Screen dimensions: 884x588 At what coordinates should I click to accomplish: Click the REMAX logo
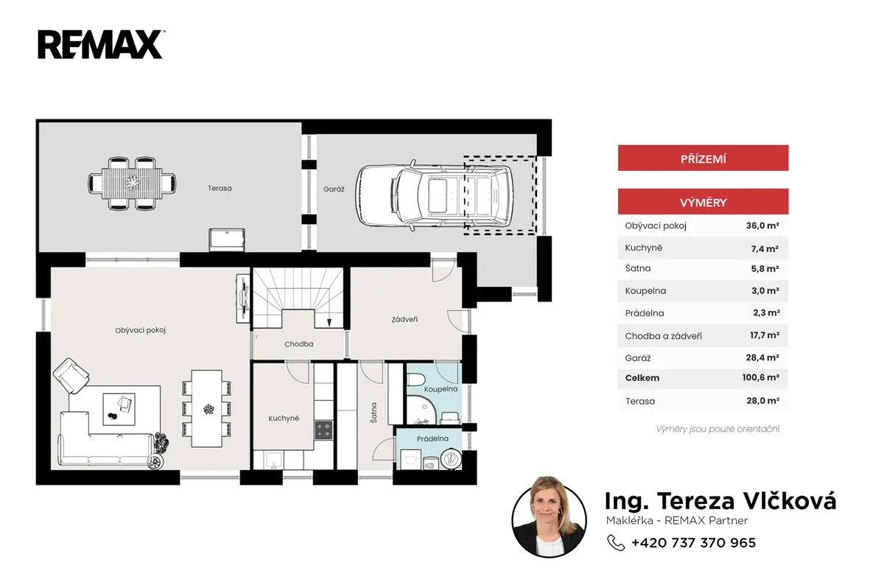tap(101, 44)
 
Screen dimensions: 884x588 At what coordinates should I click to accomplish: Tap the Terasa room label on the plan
tap(220, 188)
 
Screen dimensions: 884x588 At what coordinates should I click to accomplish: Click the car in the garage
tap(435, 195)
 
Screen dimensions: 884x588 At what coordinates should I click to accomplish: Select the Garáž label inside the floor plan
tap(334, 189)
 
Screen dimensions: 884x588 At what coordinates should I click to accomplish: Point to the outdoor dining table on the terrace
tap(132, 183)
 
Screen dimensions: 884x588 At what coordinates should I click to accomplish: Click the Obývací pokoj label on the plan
tap(140, 330)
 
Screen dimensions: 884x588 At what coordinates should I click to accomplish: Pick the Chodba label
tap(299, 344)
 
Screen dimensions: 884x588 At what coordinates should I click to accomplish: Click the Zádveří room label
tap(404, 319)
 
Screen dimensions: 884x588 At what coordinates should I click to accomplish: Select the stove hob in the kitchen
tap(323, 430)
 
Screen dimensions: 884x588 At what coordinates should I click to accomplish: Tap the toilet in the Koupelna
tap(415, 379)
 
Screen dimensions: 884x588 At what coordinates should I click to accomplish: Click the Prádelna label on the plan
tap(432, 438)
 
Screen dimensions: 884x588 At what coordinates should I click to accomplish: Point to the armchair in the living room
tap(71, 375)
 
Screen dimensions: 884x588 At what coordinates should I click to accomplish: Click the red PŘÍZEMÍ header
tap(703, 158)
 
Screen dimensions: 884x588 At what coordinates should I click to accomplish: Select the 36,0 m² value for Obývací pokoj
tap(762, 225)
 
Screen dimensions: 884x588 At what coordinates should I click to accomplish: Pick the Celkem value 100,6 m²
tap(760, 377)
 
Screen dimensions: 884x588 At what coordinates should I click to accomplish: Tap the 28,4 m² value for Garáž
tap(762, 357)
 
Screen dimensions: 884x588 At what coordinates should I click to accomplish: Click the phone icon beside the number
tap(616, 542)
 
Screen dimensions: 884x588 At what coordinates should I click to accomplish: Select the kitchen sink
tap(273, 460)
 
